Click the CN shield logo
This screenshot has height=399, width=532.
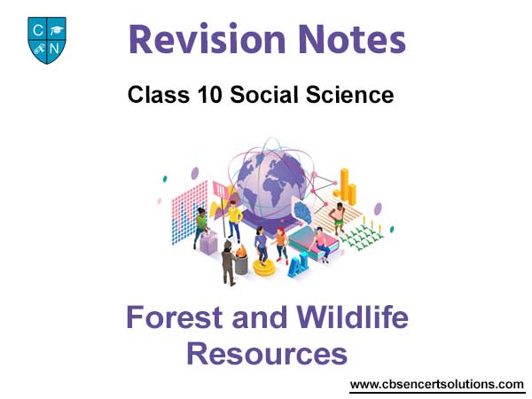tap(47, 41)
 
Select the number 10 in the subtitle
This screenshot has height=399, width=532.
tap(210, 94)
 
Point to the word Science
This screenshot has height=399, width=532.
tap(350, 94)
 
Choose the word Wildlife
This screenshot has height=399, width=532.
tap(353, 317)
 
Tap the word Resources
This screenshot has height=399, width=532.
tap(267, 354)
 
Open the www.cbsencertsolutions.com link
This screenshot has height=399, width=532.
tap(437, 385)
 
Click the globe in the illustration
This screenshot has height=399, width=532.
tap(271, 184)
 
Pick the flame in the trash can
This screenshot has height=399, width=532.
tap(241, 252)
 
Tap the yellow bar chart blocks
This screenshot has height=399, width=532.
tap(347, 187)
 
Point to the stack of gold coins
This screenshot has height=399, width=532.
tap(264, 269)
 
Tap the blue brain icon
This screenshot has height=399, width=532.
tap(303, 212)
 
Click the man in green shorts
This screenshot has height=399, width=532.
tap(337, 218)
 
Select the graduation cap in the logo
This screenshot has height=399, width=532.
tap(56, 30)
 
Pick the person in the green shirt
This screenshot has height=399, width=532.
tap(201, 227)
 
